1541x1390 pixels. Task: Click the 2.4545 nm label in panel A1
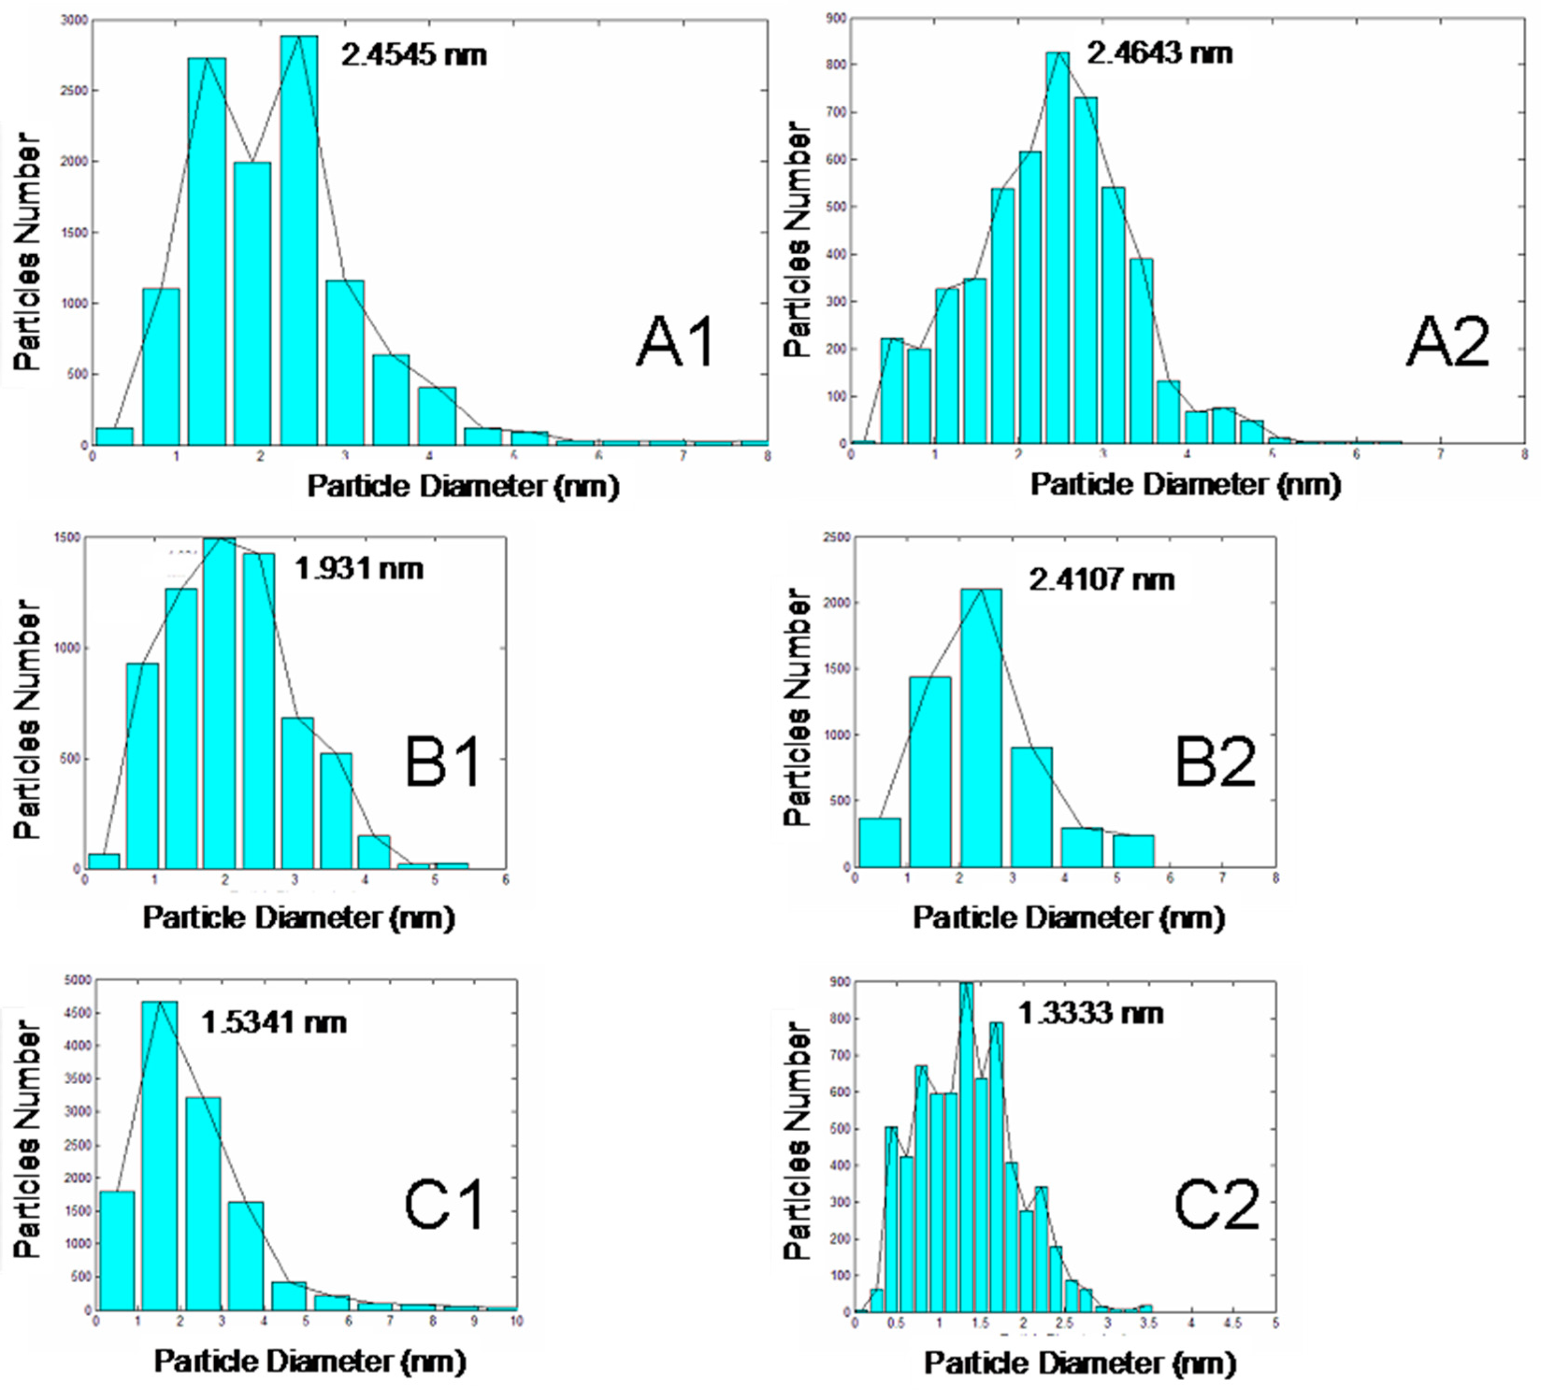click(x=413, y=55)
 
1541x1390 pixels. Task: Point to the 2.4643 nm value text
click(x=1159, y=54)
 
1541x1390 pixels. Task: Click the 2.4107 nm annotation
click(x=1101, y=581)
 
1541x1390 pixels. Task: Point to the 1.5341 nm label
click(x=274, y=1023)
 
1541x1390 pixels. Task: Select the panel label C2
click(x=1216, y=1205)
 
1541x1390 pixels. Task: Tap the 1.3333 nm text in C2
click(x=1090, y=1014)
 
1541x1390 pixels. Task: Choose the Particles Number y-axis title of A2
click(x=797, y=239)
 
